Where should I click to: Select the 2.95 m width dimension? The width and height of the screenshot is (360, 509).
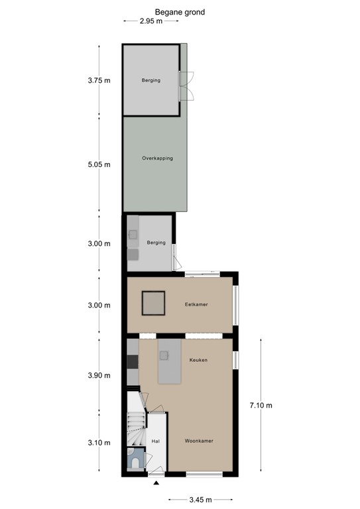151,21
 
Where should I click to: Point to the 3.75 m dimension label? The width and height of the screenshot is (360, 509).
98,81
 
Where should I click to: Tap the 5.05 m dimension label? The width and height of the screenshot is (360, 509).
98,164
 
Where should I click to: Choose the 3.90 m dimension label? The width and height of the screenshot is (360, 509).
98,376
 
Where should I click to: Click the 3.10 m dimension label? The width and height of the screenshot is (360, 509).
98,443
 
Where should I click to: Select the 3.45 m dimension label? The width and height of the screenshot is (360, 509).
200,500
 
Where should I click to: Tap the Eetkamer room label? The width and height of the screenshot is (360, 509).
196,304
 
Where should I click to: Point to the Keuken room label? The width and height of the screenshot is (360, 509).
198,360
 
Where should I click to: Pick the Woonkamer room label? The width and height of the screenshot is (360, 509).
199,440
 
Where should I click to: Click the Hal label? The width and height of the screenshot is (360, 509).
156,441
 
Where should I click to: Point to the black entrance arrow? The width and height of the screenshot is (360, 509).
156,484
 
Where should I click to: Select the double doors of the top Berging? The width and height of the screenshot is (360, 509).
189,85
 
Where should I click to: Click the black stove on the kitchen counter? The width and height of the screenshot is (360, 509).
132,361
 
